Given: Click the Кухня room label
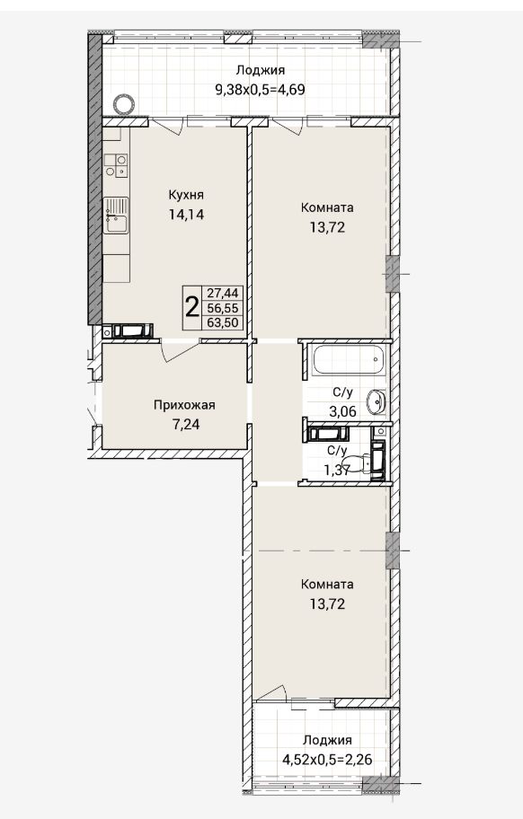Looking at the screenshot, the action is [186, 195].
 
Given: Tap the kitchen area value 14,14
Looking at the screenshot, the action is [186, 214].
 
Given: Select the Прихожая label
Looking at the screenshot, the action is [184, 405].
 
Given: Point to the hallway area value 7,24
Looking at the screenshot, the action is [185, 424].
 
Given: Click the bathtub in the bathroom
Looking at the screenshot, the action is [349, 359].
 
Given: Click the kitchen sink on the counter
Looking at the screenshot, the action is [116, 215].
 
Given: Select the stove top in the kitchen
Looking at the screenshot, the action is [116, 165].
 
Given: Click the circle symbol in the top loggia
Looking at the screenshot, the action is [124, 104].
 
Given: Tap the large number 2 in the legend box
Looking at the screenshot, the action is [192, 308].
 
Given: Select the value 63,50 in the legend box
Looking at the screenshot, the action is [223, 322].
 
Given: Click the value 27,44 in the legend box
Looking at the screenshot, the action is [223, 294].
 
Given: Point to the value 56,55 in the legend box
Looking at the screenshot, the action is [223, 308].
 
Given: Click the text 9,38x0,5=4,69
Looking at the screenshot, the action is [261, 89].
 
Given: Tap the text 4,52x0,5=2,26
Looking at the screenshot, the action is [328, 759].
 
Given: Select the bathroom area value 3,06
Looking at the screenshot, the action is [342, 411].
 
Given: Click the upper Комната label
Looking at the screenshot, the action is [327, 207].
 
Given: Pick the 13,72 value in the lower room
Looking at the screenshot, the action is [327, 604].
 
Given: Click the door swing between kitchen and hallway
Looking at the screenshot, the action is [181, 351].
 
